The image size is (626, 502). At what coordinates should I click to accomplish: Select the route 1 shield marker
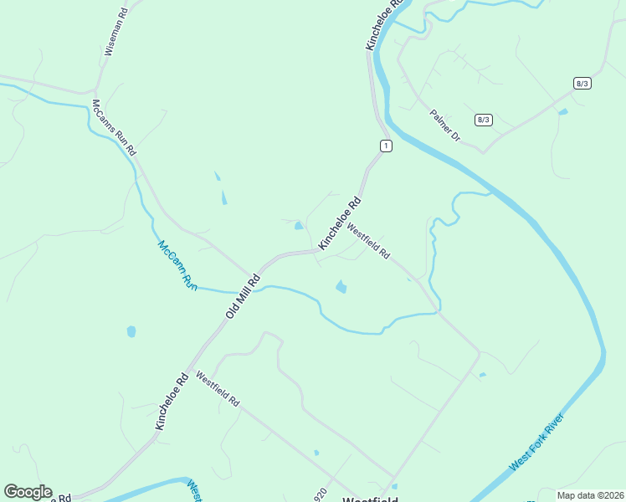385,146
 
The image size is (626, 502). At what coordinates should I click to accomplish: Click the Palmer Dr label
444,125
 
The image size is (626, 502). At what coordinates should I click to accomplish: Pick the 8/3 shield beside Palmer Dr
483,120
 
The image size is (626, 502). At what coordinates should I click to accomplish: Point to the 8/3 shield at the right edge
582,83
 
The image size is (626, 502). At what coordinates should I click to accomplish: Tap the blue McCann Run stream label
177,265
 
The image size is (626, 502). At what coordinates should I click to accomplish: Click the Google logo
28,492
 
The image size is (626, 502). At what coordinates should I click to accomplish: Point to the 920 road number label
319,494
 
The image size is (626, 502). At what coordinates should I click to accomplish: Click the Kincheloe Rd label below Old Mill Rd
170,402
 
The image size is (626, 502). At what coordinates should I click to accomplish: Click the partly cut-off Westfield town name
370,499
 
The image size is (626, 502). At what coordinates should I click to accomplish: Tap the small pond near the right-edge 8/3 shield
562,111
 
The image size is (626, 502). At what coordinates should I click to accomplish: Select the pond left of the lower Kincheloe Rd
131,332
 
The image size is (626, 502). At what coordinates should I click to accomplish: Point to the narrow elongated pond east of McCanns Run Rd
223,197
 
